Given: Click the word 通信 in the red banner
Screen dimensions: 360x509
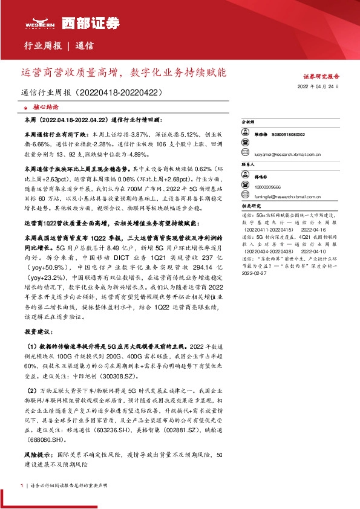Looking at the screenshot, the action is [85, 45].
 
